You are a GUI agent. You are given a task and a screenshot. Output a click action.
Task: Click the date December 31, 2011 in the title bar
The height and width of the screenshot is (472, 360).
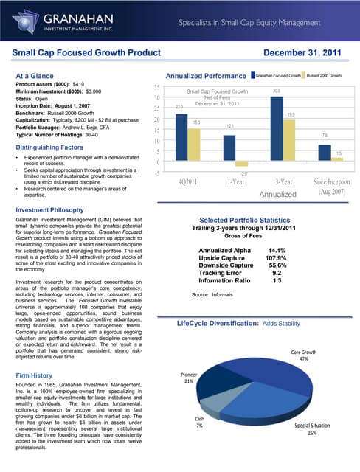pos(305,53)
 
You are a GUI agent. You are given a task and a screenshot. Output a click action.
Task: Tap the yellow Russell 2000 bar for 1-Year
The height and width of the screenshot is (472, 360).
pos(241,164)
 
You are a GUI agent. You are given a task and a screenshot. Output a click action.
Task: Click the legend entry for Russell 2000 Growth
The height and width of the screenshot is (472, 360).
pos(324,75)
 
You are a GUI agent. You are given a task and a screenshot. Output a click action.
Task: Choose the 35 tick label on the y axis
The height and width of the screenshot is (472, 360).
pos(157,86)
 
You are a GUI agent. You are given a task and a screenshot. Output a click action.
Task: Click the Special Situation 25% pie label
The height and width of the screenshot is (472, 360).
pos(311,430)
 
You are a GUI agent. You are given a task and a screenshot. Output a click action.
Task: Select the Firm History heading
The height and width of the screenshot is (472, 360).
pos(36,375)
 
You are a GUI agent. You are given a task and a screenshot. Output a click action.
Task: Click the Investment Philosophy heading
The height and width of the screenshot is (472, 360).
pos(49,210)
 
